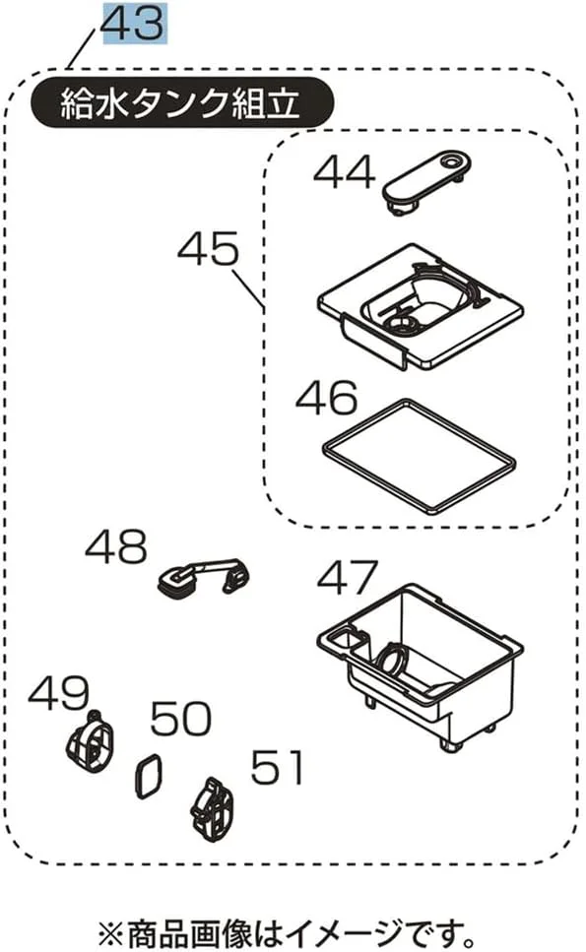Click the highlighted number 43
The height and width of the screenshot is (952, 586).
point(133,23)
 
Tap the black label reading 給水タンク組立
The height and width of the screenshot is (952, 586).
point(181,102)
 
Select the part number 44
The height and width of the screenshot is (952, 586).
point(344,172)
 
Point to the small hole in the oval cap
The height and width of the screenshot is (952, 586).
point(451,162)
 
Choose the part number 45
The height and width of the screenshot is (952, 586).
point(208,248)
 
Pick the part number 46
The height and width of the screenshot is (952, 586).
point(326,398)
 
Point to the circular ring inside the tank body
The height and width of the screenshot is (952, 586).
point(379,659)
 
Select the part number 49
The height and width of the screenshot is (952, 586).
point(59,694)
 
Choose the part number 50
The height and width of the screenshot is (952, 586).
point(181,719)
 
